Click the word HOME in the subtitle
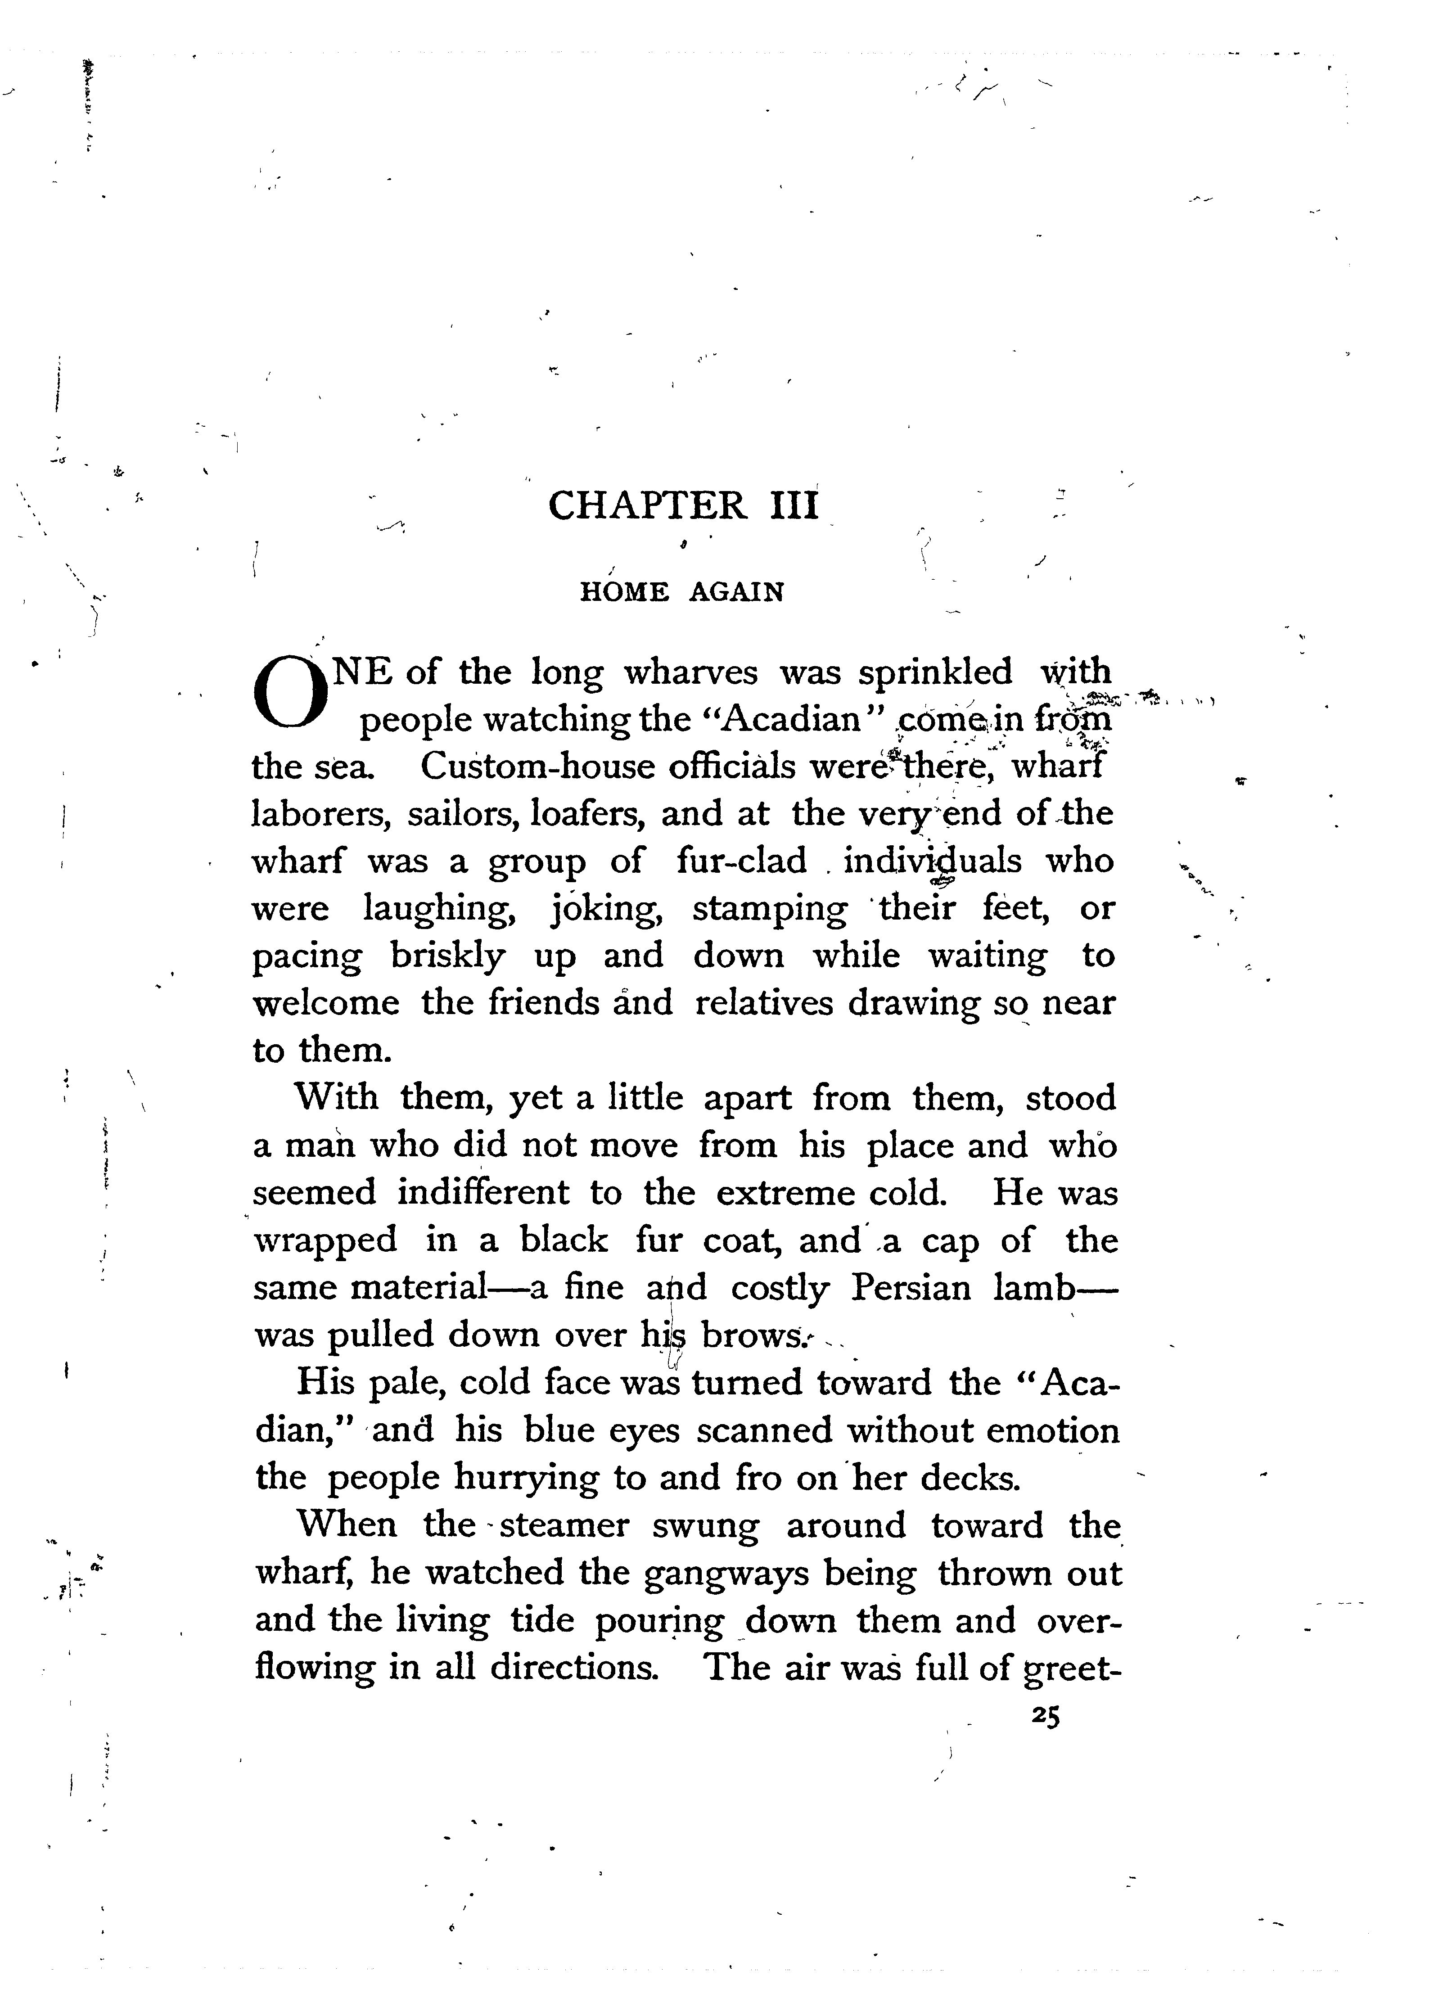point(623,591)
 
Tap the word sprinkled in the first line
point(935,673)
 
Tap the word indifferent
point(483,1193)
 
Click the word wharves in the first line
point(690,673)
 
